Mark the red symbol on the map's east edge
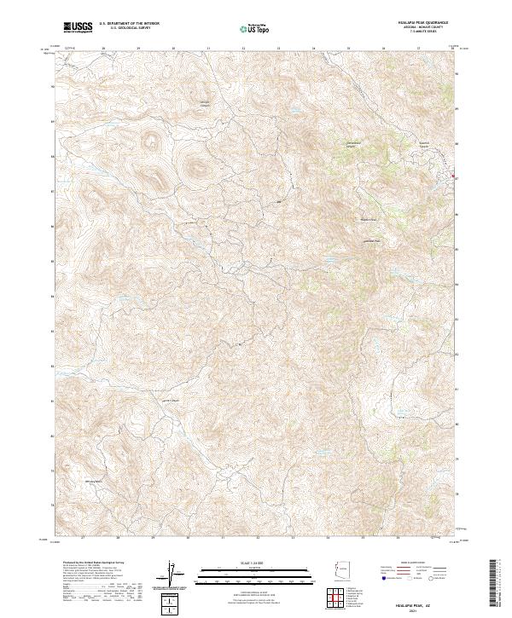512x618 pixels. (453, 176)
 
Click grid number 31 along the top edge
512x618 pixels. (208, 49)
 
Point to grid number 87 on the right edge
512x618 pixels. (460, 178)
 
